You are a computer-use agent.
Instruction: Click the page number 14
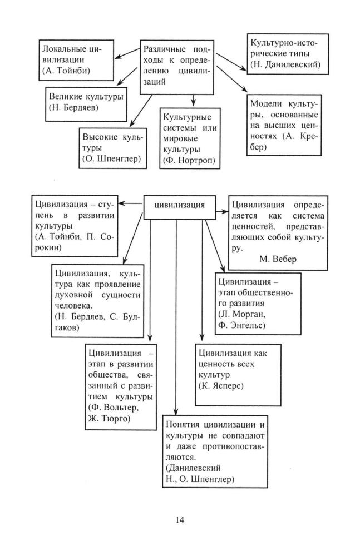click(x=179, y=520)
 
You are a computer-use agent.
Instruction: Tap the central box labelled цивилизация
click(x=179, y=205)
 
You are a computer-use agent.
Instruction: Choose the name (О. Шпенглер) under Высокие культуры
click(x=111, y=160)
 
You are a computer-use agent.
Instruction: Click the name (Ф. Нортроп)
click(x=189, y=160)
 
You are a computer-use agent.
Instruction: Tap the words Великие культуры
click(x=86, y=96)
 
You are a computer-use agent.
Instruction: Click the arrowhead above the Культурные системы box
click(x=193, y=103)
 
